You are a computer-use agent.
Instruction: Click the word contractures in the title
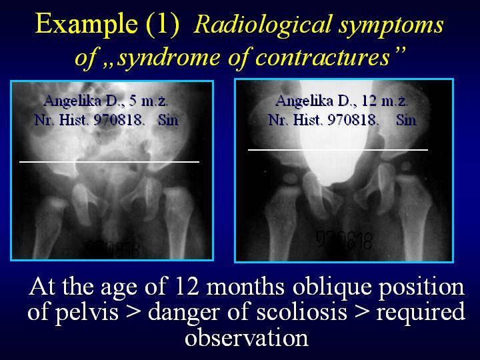pos(323,57)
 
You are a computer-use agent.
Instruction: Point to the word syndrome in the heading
pos(169,58)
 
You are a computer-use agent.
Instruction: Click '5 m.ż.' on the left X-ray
pos(148,101)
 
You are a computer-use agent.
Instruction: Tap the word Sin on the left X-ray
pos(168,120)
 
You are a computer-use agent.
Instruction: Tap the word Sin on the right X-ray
pos(406,120)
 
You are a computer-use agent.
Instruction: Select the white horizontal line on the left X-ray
pos(109,161)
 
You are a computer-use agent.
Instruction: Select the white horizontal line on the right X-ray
pos(337,150)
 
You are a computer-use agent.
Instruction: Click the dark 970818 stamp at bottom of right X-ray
pos(344,240)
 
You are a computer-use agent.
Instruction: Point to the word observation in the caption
pos(247,338)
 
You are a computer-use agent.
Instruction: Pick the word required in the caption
pos(421,313)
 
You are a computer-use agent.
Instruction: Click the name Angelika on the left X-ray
pos(72,101)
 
